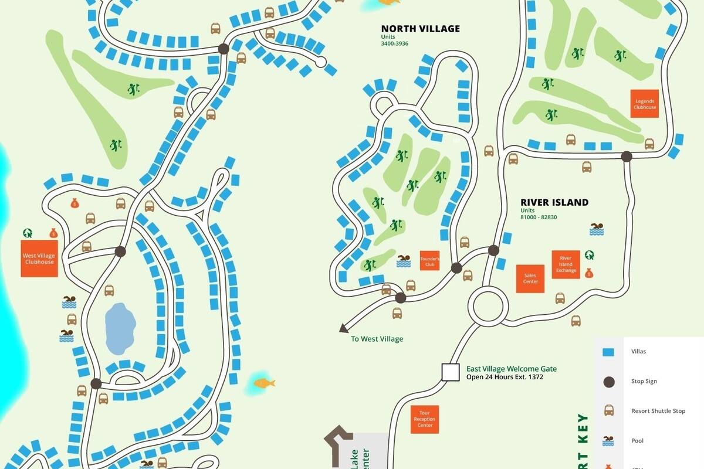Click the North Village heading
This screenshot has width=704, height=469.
[x=420, y=29]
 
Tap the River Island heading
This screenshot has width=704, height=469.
[x=554, y=202]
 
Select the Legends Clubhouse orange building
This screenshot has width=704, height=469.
[x=645, y=104]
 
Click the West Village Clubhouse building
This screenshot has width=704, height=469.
[x=39, y=259]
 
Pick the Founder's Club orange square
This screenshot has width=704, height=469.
[x=429, y=261]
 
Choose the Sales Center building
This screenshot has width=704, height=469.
[x=530, y=278]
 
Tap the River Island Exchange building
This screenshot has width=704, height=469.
[x=566, y=264]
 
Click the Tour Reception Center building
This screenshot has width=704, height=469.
[x=425, y=420]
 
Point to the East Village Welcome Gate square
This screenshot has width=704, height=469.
[x=450, y=372]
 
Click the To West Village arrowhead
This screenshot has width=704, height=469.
[x=343, y=329]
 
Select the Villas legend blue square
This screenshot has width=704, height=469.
[x=609, y=352]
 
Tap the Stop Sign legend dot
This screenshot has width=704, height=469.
[x=609, y=382]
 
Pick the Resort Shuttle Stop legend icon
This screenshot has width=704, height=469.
[x=609, y=411]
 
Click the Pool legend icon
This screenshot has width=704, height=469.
[x=609, y=441]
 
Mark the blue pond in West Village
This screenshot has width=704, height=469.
[x=120, y=329]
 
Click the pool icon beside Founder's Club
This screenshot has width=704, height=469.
[x=404, y=261]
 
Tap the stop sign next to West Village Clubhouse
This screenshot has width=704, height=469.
[x=120, y=252]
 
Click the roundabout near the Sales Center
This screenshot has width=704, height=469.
[x=488, y=306]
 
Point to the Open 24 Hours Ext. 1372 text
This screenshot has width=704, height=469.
[x=505, y=377]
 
